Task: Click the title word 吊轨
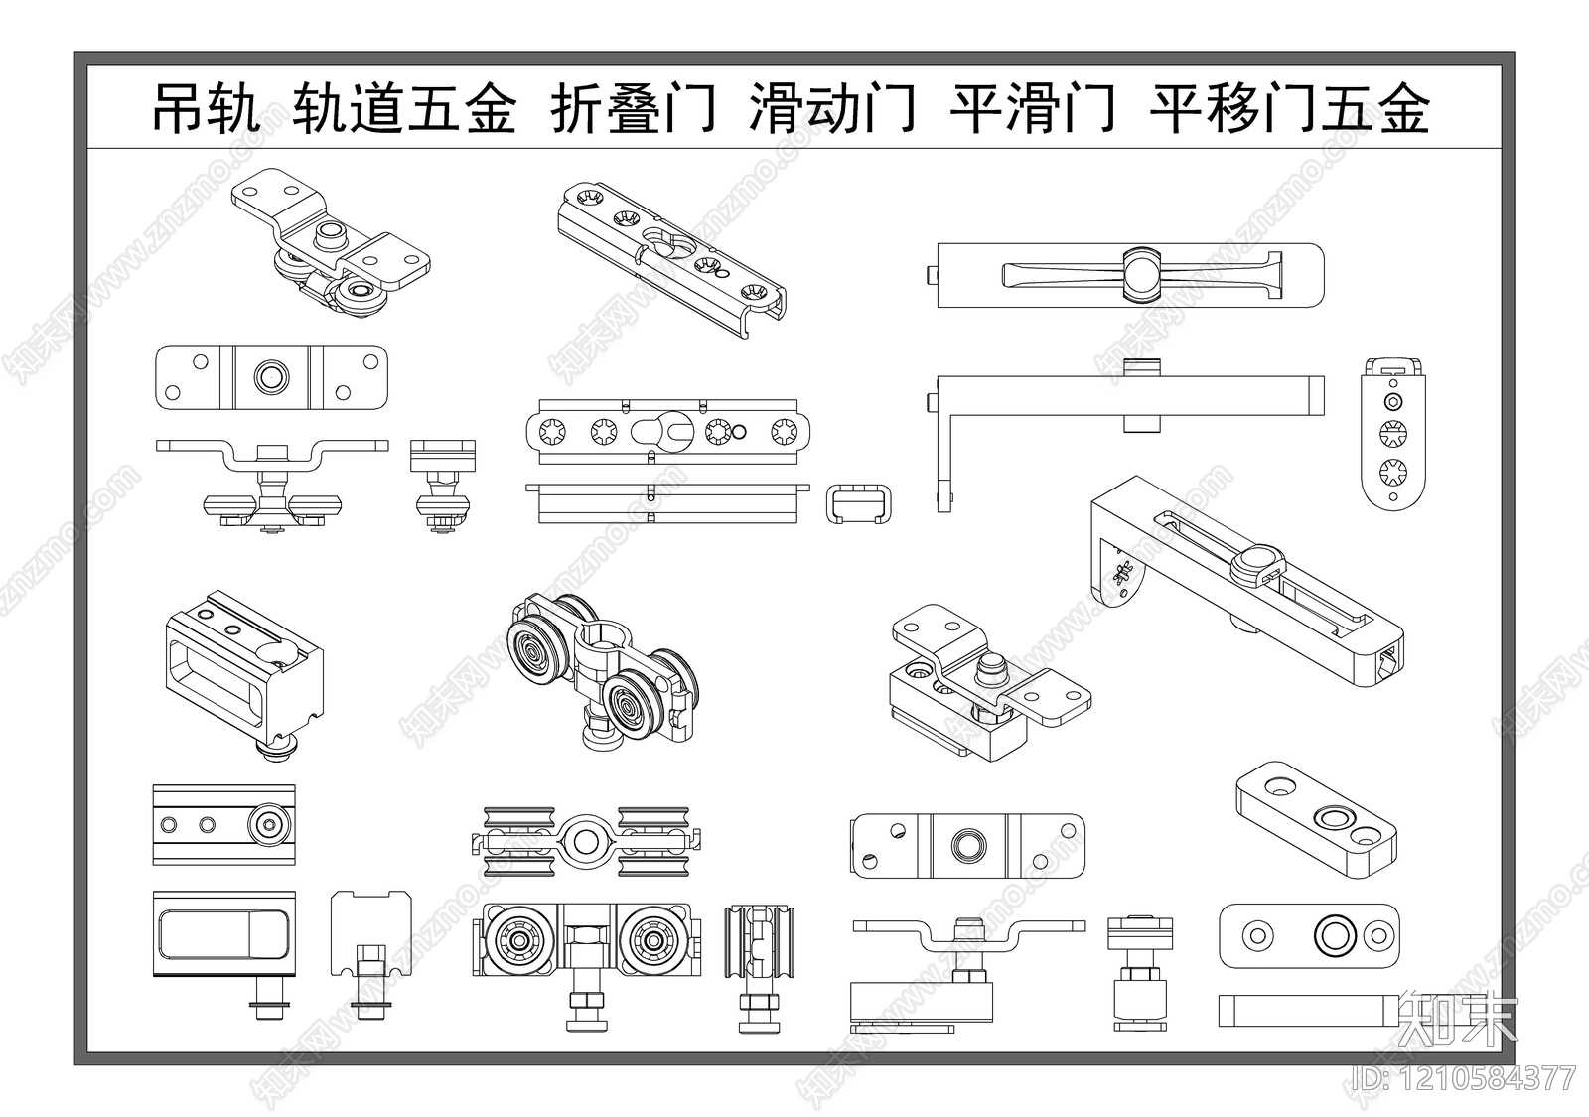(x=206, y=108)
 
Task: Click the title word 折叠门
(x=634, y=108)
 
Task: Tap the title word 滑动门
(x=832, y=108)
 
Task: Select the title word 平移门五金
(x=1289, y=108)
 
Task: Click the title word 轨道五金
(x=404, y=108)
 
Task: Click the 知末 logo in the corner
(x=1457, y=1018)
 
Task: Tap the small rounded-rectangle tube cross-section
(x=859, y=503)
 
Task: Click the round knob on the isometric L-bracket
(x=1254, y=565)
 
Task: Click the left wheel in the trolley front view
(x=518, y=940)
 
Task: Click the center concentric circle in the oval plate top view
(x=1331, y=934)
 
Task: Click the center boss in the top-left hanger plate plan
(x=271, y=376)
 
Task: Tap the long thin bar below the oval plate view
(x=1308, y=1010)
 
